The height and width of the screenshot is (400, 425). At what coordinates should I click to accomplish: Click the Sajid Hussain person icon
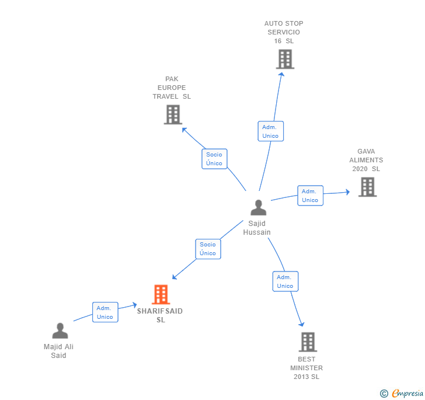[258, 207]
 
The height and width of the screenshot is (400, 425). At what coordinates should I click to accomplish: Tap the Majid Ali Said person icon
[60, 331]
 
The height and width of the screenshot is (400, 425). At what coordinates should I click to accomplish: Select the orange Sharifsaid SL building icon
[161, 294]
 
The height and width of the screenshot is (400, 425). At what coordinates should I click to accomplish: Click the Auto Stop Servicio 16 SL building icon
[285, 59]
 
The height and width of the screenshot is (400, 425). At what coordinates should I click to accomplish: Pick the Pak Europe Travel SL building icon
[173, 114]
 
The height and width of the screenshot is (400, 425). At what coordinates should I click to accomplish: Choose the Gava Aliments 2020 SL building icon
[367, 187]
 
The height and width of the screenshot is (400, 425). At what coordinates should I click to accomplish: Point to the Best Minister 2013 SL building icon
[308, 342]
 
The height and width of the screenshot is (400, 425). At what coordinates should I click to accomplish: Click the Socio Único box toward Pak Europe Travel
[214, 159]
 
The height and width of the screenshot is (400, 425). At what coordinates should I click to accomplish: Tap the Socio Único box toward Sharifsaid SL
[208, 249]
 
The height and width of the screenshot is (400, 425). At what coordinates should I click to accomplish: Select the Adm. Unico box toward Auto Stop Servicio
[270, 131]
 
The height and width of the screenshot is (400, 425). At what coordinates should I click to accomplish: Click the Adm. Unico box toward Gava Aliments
[310, 196]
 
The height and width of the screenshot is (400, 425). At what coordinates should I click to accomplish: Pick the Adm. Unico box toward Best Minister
[285, 281]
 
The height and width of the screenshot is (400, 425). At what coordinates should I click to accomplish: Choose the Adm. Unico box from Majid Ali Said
[105, 312]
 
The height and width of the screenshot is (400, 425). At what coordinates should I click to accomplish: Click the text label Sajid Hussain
[257, 228]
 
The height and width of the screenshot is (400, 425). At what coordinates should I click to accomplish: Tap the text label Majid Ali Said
[58, 351]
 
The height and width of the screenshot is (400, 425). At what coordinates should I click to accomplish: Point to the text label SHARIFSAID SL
[160, 315]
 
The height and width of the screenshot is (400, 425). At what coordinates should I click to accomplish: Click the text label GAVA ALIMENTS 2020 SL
[366, 160]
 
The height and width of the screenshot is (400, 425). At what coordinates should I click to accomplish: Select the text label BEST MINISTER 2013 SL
[306, 368]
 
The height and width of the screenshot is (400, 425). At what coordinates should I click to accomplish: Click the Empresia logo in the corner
[402, 393]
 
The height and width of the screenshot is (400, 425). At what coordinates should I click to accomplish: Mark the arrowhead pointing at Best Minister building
[302, 324]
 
